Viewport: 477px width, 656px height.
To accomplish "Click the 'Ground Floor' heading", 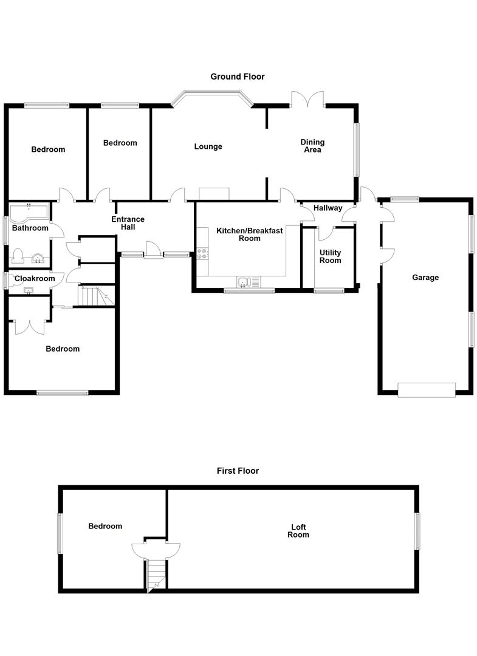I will (x=238, y=77).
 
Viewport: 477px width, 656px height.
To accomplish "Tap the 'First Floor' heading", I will (x=238, y=471).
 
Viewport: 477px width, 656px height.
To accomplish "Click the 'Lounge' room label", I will (x=208, y=146).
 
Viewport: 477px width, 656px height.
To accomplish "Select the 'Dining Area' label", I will (x=312, y=146).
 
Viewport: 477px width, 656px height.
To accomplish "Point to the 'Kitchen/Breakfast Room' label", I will (x=249, y=234).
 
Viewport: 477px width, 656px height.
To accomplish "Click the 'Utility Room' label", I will (x=330, y=256).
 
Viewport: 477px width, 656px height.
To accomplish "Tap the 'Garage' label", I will (x=425, y=278).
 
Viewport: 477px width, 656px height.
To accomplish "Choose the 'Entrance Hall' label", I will (x=128, y=223).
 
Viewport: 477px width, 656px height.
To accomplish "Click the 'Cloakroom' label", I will (x=35, y=279).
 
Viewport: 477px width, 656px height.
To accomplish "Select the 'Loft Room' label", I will (x=298, y=531).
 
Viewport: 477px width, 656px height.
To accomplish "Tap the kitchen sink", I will (x=245, y=281).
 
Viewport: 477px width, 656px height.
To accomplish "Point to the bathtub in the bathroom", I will (x=29, y=212).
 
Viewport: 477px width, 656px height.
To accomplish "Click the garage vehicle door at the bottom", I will (x=427, y=390).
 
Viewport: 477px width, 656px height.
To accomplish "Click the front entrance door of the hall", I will (x=153, y=251).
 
